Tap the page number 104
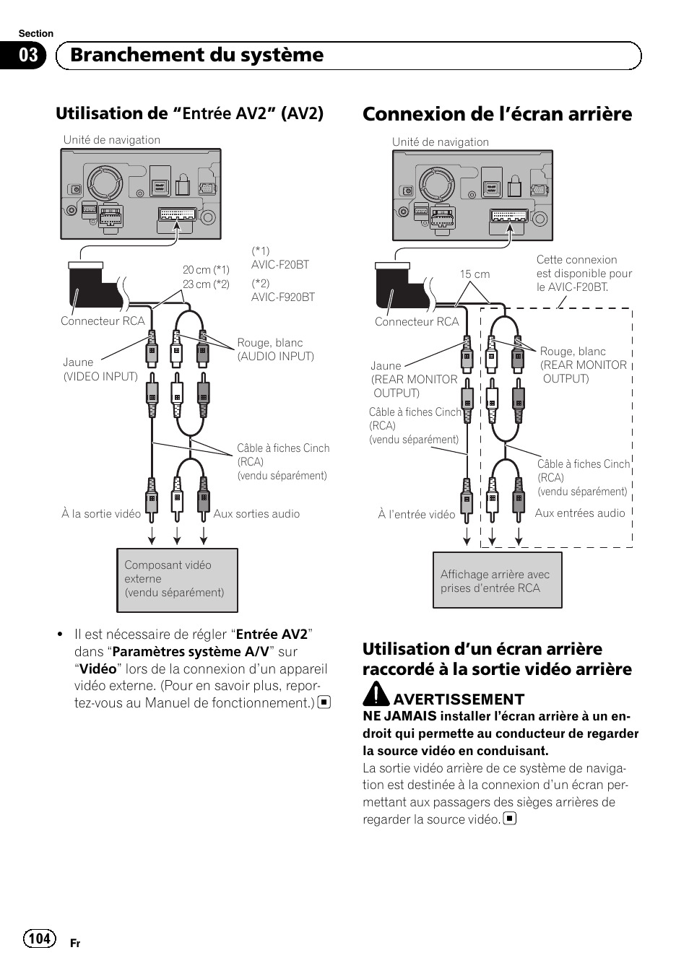[x=39, y=938]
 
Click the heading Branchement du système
[x=196, y=56]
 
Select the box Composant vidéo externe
[x=177, y=580]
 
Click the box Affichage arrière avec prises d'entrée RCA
[x=497, y=580]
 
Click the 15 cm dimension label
[x=474, y=274]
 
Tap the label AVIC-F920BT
[x=283, y=297]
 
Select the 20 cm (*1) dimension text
[x=206, y=270]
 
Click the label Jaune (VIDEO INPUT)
[x=100, y=369]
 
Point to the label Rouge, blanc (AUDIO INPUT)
[x=275, y=349]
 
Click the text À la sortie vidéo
[x=101, y=514]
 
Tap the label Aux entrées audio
[x=580, y=513]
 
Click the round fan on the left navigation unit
[x=105, y=183]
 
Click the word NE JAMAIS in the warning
[x=399, y=716]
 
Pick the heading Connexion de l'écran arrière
[x=497, y=114]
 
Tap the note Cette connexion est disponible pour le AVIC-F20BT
[x=584, y=273]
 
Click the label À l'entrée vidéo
[x=416, y=515]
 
